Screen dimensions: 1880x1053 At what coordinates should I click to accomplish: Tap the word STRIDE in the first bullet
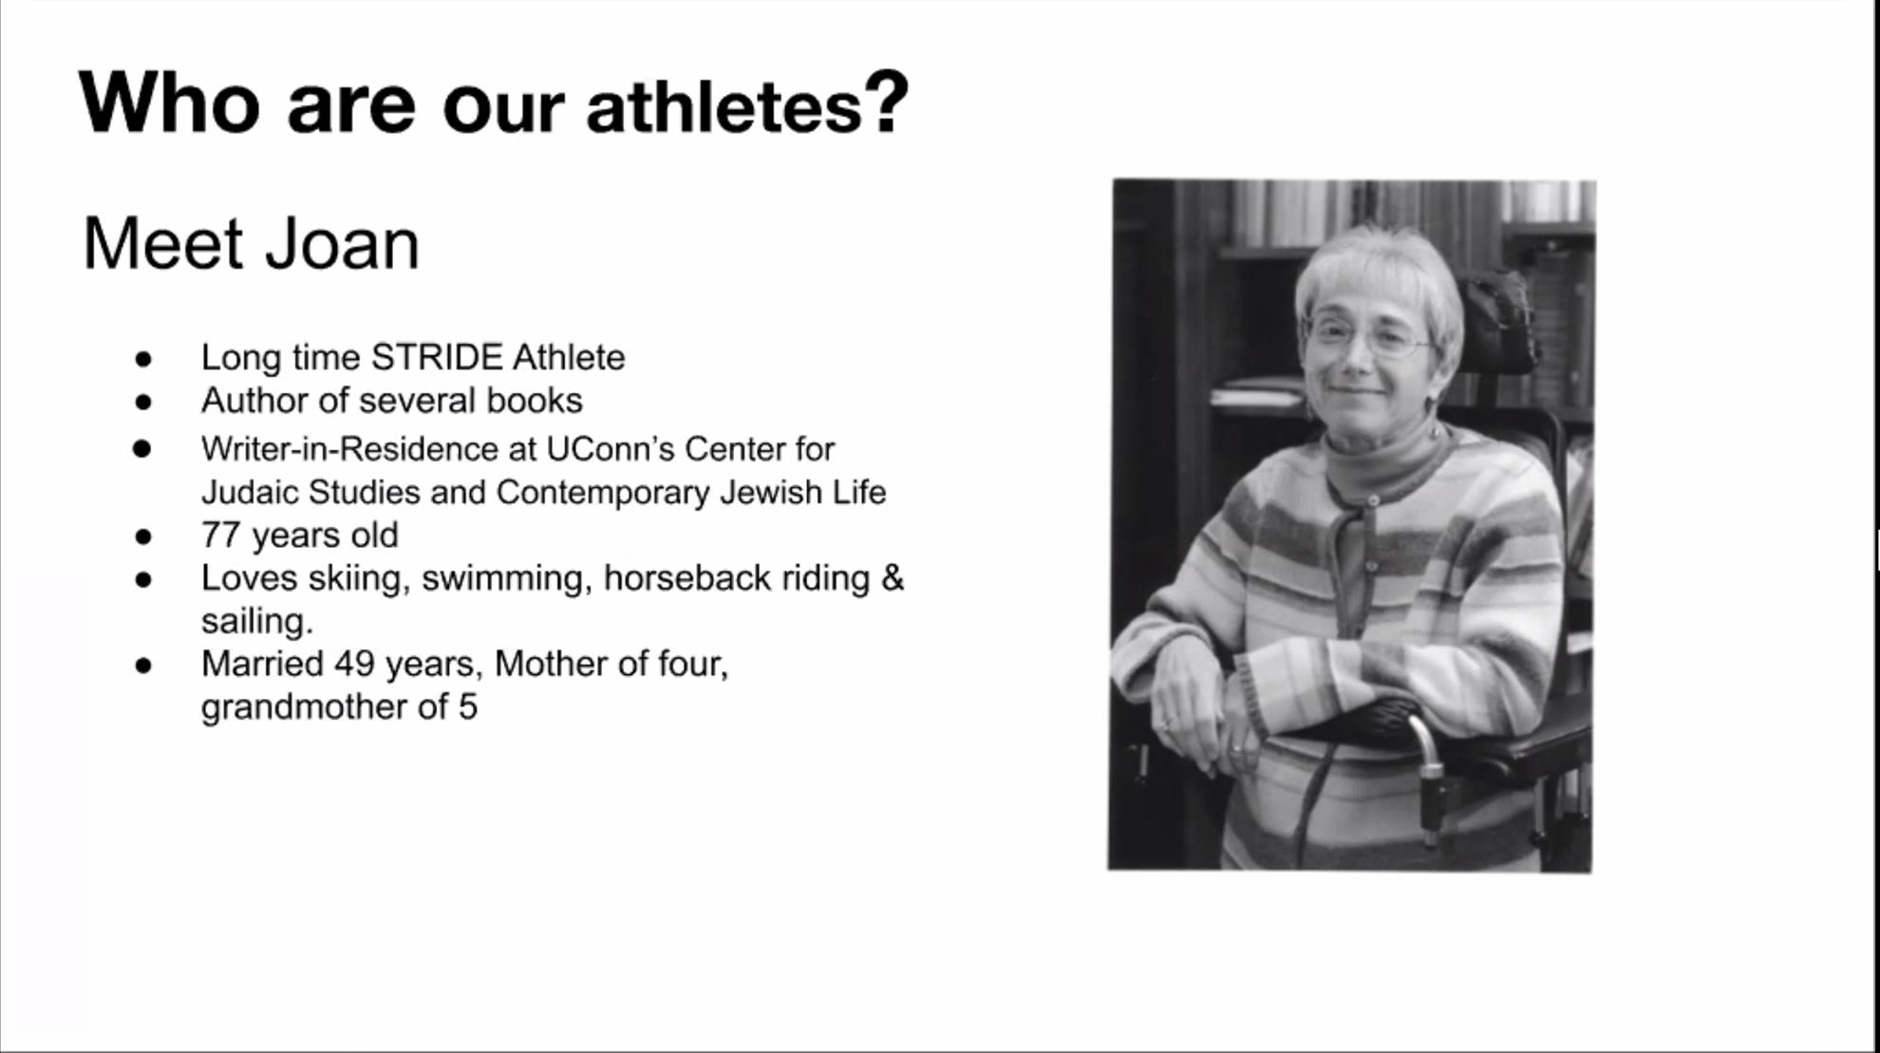tap(437, 357)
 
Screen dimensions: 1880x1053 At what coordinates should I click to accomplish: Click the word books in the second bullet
tap(535, 401)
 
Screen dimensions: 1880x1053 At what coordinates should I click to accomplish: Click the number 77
tap(220, 536)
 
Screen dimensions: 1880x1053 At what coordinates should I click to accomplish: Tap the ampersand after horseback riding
tap(893, 578)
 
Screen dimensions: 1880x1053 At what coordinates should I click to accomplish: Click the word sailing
tap(256, 621)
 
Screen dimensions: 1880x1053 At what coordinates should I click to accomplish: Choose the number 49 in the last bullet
tap(354, 664)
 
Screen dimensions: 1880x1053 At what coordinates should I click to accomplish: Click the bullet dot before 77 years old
tap(143, 536)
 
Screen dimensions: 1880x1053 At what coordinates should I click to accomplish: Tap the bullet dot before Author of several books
tap(143, 402)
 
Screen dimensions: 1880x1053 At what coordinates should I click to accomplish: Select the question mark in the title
tap(887, 102)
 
